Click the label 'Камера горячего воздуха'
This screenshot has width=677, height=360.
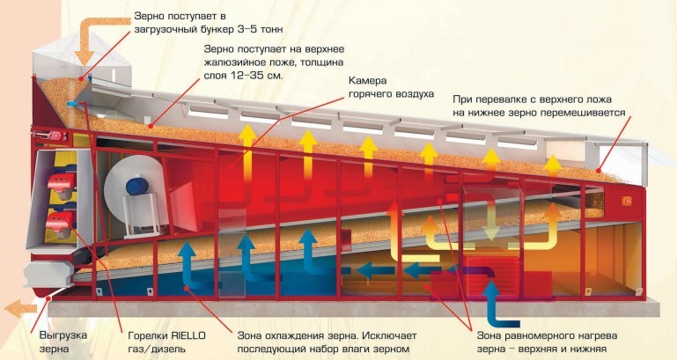[392, 87]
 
